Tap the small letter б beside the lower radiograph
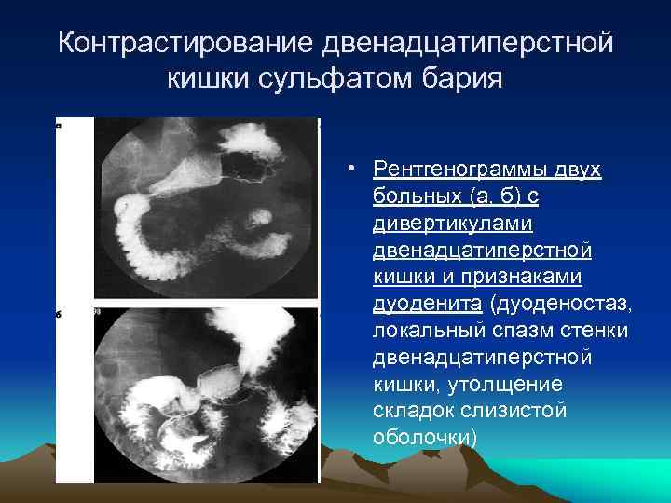pos(59,315)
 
